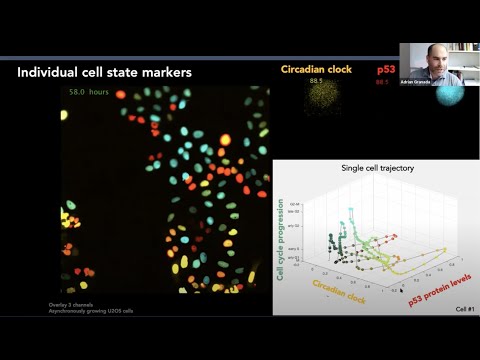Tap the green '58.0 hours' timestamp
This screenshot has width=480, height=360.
(89, 92)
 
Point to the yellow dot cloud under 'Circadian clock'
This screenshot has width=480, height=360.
(322, 98)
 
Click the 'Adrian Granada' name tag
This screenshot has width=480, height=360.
(415, 81)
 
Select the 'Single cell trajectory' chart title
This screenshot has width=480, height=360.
(376, 168)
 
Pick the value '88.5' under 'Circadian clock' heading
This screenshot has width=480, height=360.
(319, 82)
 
